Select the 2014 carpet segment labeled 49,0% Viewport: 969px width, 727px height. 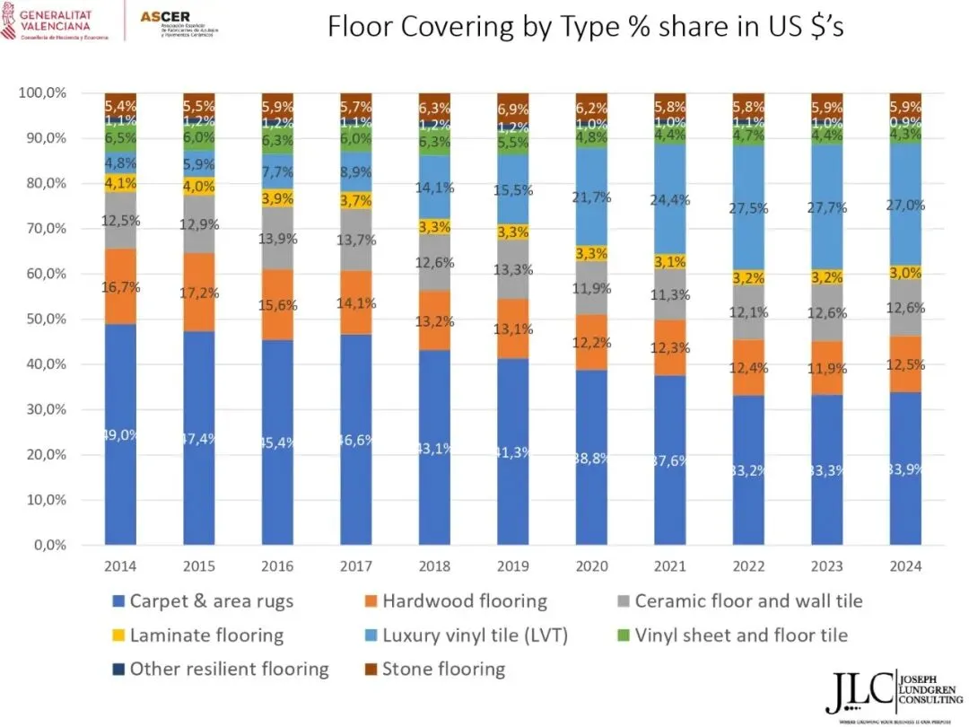(120, 434)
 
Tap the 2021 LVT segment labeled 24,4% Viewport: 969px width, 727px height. (670, 200)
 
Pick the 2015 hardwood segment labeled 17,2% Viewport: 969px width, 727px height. (199, 293)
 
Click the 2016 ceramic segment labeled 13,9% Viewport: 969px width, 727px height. (277, 239)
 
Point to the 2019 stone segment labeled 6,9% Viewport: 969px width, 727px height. (513, 108)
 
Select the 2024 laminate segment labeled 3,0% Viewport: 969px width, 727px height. (905, 273)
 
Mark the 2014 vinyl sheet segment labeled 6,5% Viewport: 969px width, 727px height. (120, 138)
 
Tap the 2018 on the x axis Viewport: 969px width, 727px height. (434, 567)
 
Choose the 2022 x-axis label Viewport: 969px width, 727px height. (748, 567)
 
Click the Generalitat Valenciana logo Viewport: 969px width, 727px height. (54, 20)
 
